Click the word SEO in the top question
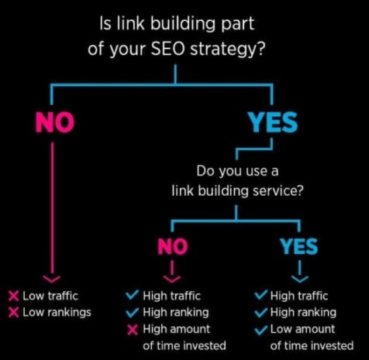tap(167, 48)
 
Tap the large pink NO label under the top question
tap(55, 122)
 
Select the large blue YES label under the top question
tap(273, 122)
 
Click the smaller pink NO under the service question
tap(173, 246)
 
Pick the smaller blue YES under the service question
tap(299, 246)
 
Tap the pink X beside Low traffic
tap(14, 296)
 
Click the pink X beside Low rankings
tap(14, 313)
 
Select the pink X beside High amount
tap(133, 330)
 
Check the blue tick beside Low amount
tap(261, 329)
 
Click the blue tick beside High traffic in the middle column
tap(133, 295)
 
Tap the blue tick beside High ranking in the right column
tap(261, 312)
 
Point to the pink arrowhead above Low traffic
tap(52, 279)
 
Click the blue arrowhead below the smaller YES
tap(300, 279)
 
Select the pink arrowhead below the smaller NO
tap(172, 279)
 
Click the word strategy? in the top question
tap(227, 49)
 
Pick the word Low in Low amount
tap(281, 329)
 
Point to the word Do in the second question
tap(205, 171)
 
